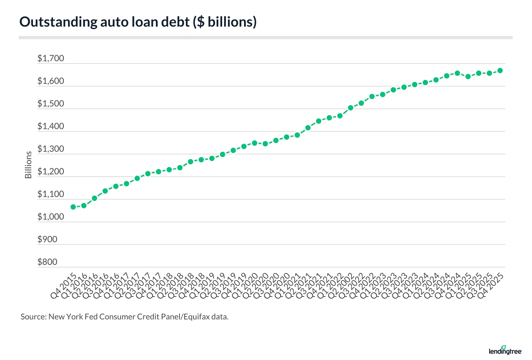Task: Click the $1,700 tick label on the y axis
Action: click(x=51, y=59)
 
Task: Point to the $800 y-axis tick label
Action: click(x=47, y=262)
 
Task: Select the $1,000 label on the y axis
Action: click(x=51, y=217)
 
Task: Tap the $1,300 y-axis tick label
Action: click(x=51, y=149)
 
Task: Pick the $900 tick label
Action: click(x=47, y=240)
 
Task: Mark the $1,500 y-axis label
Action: click(x=51, y=104)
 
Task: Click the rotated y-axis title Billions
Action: click(x=28, y=165)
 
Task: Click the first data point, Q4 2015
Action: click(x=73, y=207)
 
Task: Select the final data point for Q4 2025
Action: click(x=500, y=71)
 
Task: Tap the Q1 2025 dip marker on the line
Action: click(x=468, y=77)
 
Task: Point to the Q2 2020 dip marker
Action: click(x=265, y=144)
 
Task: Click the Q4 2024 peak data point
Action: click(x=457, y=73)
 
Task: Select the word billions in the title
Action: click(x=230, y=22)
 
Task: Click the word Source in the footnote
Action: click(x=33, y=317)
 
